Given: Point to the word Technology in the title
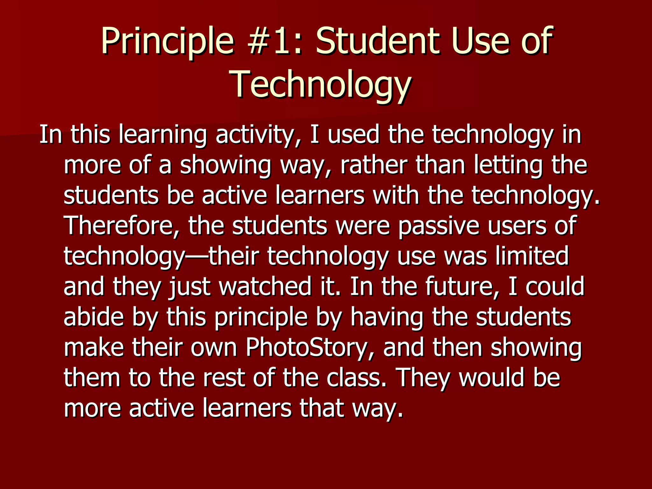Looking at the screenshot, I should [322, 84].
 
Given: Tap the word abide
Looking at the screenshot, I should [94, 317].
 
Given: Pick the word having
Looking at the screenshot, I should [387, 317].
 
